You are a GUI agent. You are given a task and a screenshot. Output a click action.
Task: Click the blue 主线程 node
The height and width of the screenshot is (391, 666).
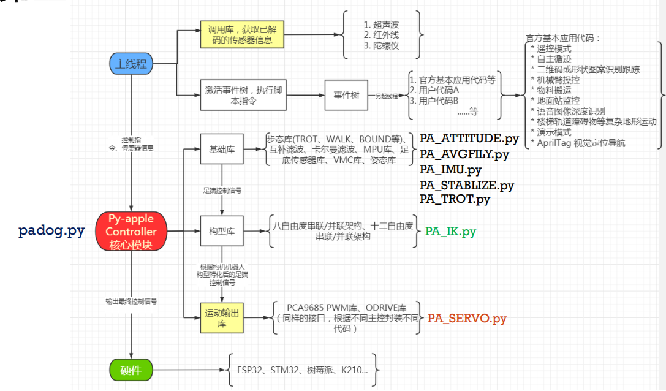131,64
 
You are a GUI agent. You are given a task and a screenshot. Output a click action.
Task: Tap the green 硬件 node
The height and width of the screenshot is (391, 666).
131,370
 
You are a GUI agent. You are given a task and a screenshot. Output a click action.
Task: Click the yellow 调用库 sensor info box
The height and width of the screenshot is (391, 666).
243,34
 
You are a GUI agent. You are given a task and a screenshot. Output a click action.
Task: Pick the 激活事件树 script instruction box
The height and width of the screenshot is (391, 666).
244,95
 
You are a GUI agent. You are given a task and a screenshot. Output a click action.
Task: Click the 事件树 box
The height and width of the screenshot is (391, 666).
346,96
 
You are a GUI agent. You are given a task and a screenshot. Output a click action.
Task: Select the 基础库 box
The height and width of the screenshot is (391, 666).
222,148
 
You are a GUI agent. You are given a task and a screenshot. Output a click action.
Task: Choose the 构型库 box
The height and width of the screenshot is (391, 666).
222,232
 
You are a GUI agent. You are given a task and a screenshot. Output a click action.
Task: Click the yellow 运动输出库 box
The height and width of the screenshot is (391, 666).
222,318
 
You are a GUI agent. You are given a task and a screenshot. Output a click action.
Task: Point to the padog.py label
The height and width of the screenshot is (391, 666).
51,231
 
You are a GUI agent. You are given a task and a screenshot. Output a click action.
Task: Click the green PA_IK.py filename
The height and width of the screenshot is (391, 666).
450,232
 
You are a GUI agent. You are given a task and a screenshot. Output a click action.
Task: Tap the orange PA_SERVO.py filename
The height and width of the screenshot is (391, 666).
467,318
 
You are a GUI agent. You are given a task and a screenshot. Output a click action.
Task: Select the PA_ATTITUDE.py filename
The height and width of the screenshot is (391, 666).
469,139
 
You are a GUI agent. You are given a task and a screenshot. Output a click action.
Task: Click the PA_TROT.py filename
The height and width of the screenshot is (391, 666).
455,199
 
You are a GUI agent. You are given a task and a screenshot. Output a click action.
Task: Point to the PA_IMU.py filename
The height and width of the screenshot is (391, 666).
450,169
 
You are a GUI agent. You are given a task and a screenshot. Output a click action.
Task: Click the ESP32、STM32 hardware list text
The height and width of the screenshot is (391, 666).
303,370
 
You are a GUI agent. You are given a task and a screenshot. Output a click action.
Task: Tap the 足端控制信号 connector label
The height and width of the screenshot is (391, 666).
222,191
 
